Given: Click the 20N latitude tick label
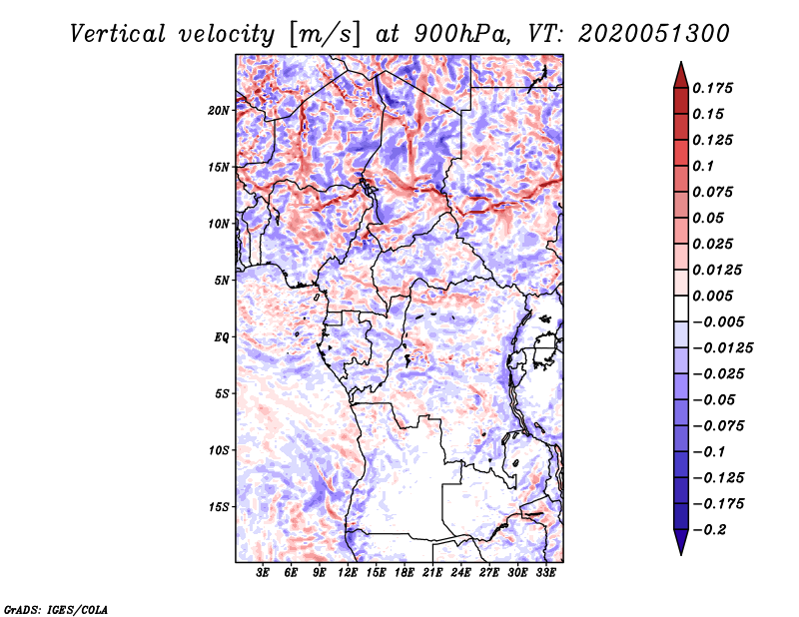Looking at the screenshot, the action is [x=219, y=111].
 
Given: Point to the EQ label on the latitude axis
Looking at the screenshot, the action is [x=221, y=337].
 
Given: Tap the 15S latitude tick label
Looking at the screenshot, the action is [x=219, y=507].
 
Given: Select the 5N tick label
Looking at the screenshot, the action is [x=222, y=281].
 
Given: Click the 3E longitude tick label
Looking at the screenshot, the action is [x=263, y=573].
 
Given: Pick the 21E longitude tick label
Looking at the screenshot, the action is [x=432, y=573].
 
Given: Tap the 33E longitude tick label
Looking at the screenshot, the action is [x=545, y=573].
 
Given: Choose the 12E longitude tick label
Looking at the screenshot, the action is [x=348, y=573].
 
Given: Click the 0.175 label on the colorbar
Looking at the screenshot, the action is [x=712, y=88].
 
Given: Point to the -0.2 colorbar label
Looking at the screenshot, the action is [x=709, y=530].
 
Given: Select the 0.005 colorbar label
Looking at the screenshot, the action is [x=712, y=296].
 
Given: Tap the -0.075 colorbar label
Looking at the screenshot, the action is [x=718, y=426].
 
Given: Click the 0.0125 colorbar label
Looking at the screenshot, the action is [x=717, y=270].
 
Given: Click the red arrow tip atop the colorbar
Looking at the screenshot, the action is [x=681, y=62].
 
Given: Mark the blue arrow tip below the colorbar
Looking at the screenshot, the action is [x=681, y=554].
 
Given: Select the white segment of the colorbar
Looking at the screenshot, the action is [x=681, y=308].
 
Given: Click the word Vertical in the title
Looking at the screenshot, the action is [x=118, y=34].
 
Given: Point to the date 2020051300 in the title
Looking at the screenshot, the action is [x=654, y=34].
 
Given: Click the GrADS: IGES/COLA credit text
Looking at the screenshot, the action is [x=56, y=609].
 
